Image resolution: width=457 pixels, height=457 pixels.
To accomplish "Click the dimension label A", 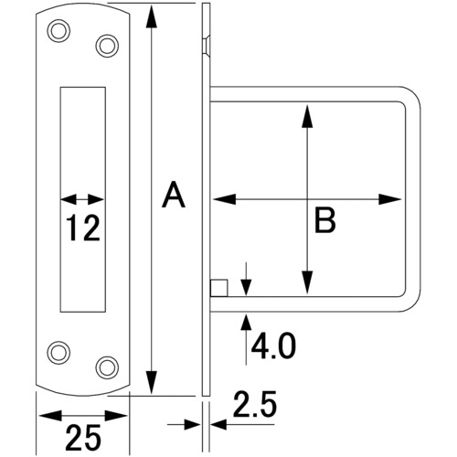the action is [x=174, y=195].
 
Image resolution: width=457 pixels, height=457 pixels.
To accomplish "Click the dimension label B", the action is [x=325, y=219].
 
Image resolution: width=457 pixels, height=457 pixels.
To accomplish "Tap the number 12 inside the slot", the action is [x=83, y=228].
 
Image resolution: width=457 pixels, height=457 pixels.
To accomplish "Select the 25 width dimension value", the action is [x=83, y=438].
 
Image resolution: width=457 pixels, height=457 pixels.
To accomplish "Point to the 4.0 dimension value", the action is [x=273, y=345].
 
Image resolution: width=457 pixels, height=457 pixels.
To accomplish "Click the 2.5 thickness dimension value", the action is [x=255, y=404].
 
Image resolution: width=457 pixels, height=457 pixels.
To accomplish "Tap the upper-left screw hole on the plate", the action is [x=58, y=31].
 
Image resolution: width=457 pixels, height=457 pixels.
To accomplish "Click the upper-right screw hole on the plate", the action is [x=107, y=46].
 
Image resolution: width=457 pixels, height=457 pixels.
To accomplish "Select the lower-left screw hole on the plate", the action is [x=58, y=353].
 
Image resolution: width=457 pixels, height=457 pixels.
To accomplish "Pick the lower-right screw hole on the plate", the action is [x=107, y=367].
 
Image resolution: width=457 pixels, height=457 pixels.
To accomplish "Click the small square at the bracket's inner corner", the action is [x=218, y=288].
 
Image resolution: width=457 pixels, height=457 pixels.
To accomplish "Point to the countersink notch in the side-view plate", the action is [x=207, y=45].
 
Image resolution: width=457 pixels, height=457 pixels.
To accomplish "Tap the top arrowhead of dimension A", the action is [x=152, y=16].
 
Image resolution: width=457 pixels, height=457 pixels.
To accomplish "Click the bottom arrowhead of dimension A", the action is [x=152, y=383].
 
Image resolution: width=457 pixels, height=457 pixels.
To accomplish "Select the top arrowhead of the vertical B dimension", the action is [x=307, y=116].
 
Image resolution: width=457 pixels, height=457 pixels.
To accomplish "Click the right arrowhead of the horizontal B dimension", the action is [x=390, y=199].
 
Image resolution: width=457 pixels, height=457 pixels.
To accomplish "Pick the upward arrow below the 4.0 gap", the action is [x=246, y=340].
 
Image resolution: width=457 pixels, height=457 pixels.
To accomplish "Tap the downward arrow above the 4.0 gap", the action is [x=246, y=279].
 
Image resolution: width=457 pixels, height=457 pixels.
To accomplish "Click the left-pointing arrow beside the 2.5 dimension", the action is [x=243, y=424].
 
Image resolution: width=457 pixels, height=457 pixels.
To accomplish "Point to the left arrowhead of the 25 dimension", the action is [x=50, y=415].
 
